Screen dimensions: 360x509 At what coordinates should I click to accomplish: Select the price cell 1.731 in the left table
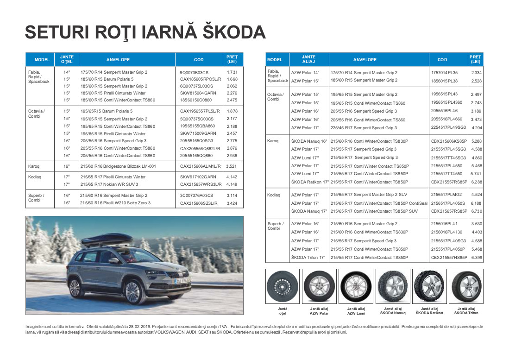[232, 72]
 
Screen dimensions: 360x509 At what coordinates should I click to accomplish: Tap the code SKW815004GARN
[198, 93]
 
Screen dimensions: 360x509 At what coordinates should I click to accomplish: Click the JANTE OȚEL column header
[67, 59]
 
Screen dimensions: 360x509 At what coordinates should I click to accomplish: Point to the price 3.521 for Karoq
[232, 165]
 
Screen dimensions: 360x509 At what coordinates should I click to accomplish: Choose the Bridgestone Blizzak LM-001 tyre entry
[118, 165]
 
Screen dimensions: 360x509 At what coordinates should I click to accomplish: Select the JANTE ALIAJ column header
[308, 59]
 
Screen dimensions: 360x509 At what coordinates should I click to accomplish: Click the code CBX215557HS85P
[449, 258]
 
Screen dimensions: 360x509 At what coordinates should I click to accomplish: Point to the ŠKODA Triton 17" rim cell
[308, 258]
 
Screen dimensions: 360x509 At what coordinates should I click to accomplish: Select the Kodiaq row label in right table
[274, 195]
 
